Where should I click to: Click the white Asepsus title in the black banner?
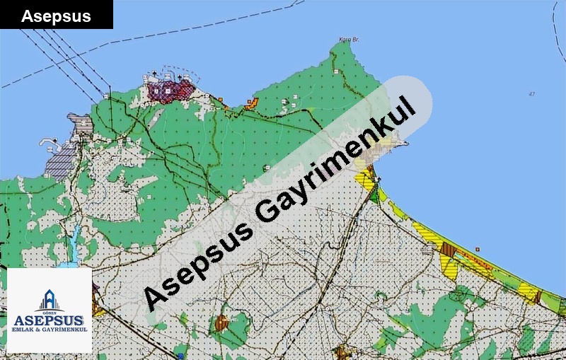[x=56, y=16]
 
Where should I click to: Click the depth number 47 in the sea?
[x=531, y=94]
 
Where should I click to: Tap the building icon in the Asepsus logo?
[x=50, y=300]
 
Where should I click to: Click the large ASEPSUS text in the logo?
[x=49, y=320]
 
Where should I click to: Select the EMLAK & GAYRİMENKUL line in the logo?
[x=49, y=331]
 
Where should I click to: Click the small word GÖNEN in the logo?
[x=50, y=312]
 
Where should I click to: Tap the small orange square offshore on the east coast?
[x=478, y=249]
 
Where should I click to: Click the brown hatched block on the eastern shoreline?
[x=447, y=248]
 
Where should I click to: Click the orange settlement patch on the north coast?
[x=251, y=105]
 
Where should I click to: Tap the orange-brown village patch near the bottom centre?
[x=222, y=323]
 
